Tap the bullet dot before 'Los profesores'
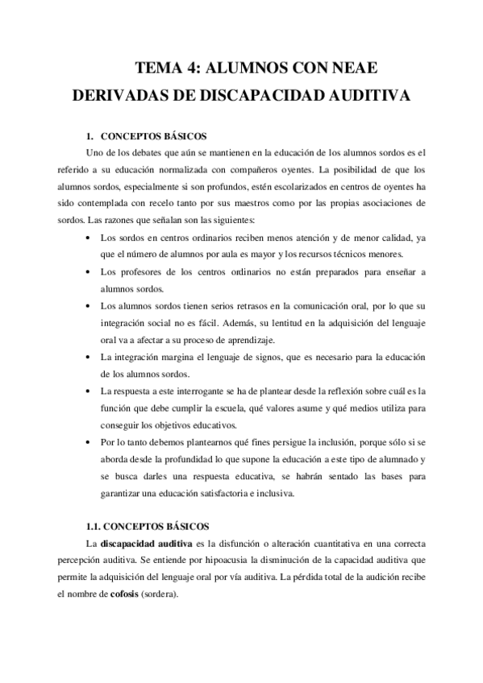pos(88,272)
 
